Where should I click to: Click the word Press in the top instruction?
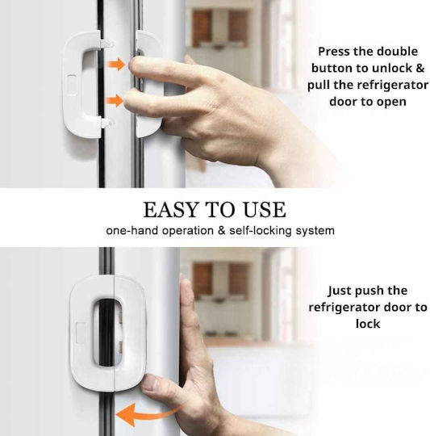[332, 52]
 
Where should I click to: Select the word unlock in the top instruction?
[393, 68]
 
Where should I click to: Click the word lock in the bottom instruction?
[368, 324]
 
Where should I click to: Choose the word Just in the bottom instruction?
[340, 291]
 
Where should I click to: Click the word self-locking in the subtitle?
[261, 231]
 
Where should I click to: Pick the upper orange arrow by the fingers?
[116, 65]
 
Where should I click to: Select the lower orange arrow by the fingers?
[115, 100]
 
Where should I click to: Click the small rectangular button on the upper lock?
[72, 85]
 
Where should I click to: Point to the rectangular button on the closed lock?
[81, 333]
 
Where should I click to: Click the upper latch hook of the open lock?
[107, 44]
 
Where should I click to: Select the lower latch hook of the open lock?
[107, 124]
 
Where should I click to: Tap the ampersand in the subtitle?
[221, 231]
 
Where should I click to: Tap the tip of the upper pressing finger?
[132, 65]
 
